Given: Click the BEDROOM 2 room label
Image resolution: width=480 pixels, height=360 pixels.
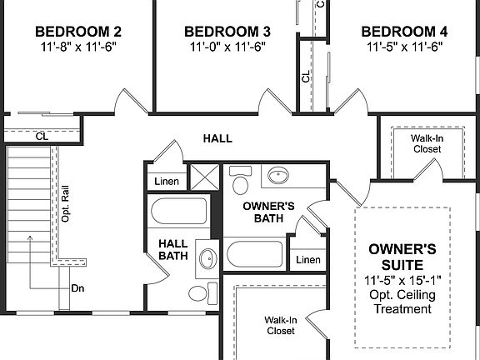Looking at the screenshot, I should [x=78, y=32].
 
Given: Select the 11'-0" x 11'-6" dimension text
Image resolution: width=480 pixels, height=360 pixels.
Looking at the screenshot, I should [x=223, y=47].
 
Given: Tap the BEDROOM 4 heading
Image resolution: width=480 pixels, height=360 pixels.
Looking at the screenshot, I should [x=404, y=32].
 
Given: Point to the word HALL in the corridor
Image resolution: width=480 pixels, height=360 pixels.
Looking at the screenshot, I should [x=217, y=138].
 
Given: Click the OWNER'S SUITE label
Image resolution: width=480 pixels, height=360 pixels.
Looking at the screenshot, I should [x=402, y=256].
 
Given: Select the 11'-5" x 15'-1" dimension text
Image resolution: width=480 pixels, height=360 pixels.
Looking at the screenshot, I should [x=402, y=279].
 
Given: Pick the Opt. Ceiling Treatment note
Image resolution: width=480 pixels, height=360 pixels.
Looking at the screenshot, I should [x=402, y=302].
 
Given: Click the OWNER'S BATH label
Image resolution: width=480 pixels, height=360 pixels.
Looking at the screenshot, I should [x=269, y=212].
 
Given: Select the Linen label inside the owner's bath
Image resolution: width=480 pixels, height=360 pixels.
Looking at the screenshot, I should [x=307, y=260].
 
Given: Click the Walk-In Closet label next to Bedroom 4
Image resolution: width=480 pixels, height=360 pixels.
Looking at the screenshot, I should [x=426, y=143].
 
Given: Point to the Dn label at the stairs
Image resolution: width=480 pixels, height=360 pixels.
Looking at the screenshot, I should [x=77, y=288].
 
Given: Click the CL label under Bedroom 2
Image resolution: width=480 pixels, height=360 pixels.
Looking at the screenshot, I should [x=41, y=136].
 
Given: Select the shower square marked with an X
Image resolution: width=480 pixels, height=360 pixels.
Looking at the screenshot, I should [x=202, y=177].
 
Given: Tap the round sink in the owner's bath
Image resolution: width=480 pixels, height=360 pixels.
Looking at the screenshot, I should [x=276, y=177].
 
